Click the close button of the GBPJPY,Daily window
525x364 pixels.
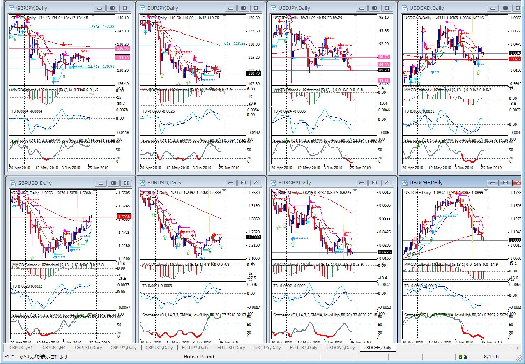126,8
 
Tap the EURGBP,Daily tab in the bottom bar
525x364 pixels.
304,348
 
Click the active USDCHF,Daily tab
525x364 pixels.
377,348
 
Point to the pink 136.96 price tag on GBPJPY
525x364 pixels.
123,48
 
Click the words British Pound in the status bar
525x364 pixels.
199,357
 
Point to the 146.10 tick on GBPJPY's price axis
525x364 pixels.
122,18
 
